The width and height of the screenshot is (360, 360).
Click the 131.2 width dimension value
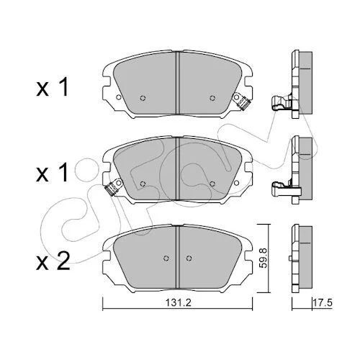pyautogui.click(x=178, y=303)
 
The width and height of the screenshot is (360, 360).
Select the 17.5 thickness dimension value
pyautogui.click(x=323, y=303)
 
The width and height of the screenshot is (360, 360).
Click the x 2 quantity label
pyautogui.click(x=53, y=261)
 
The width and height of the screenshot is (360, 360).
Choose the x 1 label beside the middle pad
pyautogui.click(x=52, y=174)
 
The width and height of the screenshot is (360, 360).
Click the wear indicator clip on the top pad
pyautogui.click(x=243, y=102)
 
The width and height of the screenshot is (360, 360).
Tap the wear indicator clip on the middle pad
pyautogui.click(x=113, y=187)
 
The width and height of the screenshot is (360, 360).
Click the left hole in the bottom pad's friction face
pyautogui.click(x=166, y=258)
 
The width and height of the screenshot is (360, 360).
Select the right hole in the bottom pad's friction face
pyautogui.click(x=189, y=258)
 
